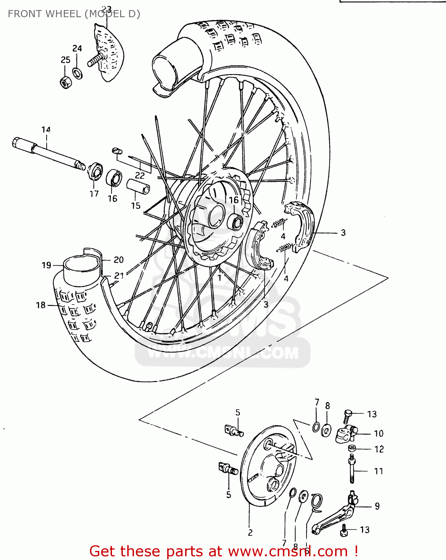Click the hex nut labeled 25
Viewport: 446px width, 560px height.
(x=65, y=82)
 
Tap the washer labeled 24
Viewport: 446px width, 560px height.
(x=78, y=73)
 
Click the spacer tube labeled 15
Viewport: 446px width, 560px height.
(x=138, y=186)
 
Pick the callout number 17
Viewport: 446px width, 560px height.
(x=94, y=194)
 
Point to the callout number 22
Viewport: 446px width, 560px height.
(x=140, y=175)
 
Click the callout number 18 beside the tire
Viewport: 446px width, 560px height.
(x=41, y=305)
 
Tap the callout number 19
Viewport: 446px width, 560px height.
(x=46, y=265)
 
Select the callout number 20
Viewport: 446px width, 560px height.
(x=119, y=260)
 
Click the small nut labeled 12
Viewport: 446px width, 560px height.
(x=352, y=448)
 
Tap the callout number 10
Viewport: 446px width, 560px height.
(x=378, y=433)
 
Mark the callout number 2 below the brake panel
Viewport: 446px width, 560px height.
(x=250, y=533)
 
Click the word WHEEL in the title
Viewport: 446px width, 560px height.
(x=63, y=14)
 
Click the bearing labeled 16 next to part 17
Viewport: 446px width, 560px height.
(x=114, y=178)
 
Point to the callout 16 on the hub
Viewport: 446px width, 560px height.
(x=234, y=200)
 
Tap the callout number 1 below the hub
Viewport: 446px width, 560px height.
(x=219, y=278)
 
